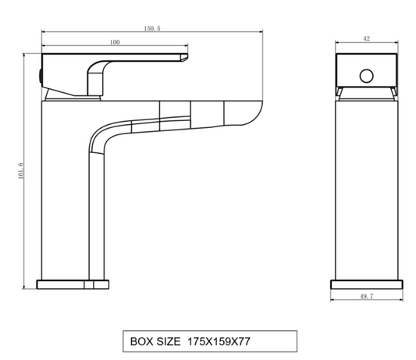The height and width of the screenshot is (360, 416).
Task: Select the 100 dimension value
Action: click(115, 42)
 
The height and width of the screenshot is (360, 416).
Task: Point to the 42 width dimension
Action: click(367, 37)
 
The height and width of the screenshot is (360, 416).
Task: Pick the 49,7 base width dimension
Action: click(367, 297)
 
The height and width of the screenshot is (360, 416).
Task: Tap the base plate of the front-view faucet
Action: click(367, 284)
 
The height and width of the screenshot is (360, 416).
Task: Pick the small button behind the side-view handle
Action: click(40, 76)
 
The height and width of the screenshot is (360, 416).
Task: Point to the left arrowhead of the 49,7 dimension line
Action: click(333, 291)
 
